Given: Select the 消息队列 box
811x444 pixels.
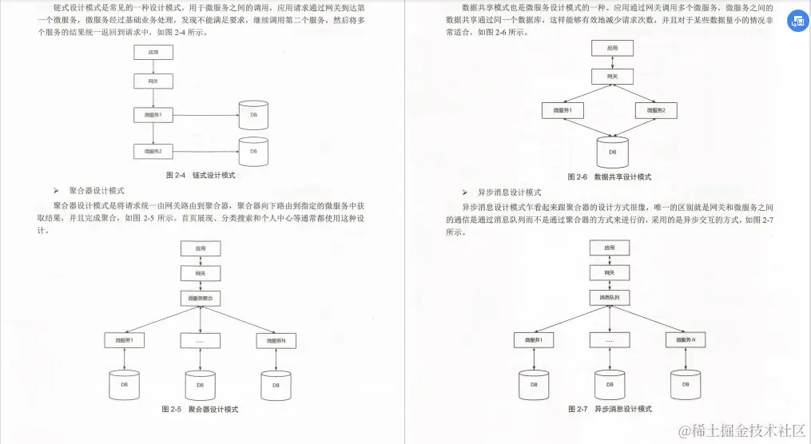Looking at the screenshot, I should tap(609, 297).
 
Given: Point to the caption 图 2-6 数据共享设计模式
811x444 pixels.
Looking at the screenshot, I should tap(609, 176).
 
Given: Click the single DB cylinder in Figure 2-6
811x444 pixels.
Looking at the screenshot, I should tap(613, 149).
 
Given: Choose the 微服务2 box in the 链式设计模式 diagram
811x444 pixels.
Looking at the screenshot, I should tap(153, 150).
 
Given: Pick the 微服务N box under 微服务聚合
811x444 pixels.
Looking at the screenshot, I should tap(276, 341).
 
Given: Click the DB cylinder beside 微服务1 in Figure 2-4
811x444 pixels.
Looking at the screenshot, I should tap(253, 115).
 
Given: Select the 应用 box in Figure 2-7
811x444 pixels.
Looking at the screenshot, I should tap(610, 248).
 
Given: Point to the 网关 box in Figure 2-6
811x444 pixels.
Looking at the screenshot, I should tap(612, 77).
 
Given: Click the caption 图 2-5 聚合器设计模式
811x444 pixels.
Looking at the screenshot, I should tap(201, 409).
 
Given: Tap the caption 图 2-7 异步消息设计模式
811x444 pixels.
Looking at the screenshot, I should tap(609, 409).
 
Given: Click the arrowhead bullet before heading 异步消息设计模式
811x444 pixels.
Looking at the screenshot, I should tap(465, 192).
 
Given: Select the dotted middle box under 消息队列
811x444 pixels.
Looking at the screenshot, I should tap(610, 340).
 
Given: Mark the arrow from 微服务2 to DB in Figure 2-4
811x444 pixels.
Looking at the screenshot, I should tap(206, 150).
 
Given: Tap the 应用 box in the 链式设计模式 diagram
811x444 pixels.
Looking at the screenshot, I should tap(153, 53).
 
